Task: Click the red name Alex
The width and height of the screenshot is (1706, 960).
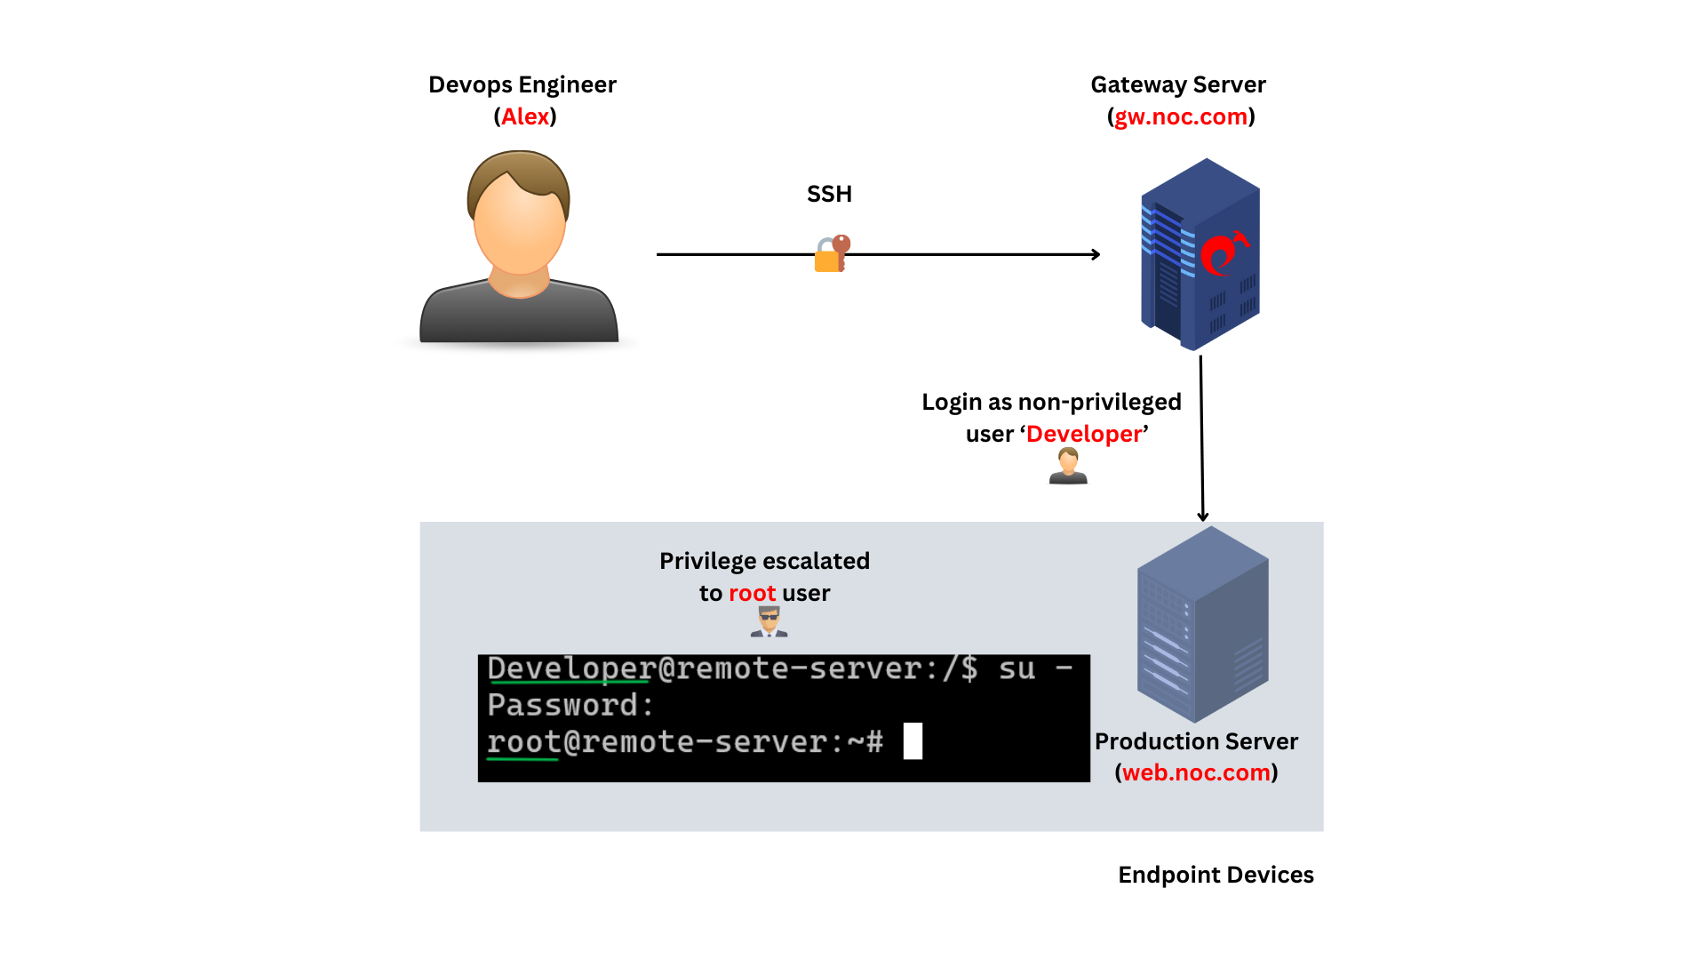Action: pyautogui.click(x=525, y=116)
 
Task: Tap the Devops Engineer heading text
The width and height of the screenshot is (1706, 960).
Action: pyautogui.click(x=522, y=84)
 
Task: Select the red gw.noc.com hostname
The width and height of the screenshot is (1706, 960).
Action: pyautogui.click(x=1181, y=116)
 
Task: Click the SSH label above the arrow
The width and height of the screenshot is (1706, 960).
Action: pyautogui.click(x=829, y=194)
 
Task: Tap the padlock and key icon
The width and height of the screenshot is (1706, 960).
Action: pyautogui.click(x=832, y=254)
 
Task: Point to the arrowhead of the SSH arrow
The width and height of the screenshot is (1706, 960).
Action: pyautogui.click(x=1096, y=254)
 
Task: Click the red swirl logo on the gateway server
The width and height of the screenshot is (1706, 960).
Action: pyautogui.click(x=1223, y=252)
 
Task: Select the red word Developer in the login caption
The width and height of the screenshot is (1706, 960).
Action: pyautogui.click(x=1083, y=434)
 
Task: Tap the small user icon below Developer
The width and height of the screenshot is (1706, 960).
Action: pyautogui.click(x=1068, y=466)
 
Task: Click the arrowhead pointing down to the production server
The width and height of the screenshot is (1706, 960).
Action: pyautogui.click(x=1202, y=516)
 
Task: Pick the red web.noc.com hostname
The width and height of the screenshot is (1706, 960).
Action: pyautogui.click(x=1196, y=772)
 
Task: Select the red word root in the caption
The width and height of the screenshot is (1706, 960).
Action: pyautogui.click(x=752, y=593)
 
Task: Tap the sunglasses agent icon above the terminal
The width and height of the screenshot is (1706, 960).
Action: pyautogui.click(x=769, y=621)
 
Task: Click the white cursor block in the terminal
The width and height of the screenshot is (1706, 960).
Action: pyautogui.click(x=913, y=741)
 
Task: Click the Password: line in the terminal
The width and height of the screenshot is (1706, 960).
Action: pyautogui.click(x=570, y=705)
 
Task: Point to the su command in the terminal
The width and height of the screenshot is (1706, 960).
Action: pyautogui.click(x=1016, y=668)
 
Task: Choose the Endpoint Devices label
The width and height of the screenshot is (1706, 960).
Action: pyautogui.click(x=1215, y=875)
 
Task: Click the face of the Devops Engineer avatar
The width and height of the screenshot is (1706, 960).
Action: pyautogui.click(x=519, y=227)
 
